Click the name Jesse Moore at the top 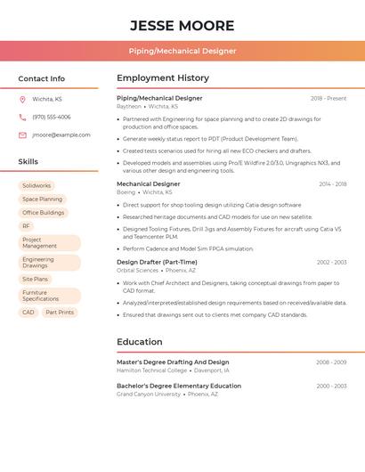182,25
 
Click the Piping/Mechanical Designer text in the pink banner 182,51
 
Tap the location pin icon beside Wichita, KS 22,99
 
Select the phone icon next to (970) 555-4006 22,117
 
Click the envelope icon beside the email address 22,134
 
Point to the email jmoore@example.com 61,134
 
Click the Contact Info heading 41,78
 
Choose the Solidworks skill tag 36,185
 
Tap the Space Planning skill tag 43,199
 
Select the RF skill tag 27,226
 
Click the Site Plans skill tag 36,279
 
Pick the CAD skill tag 28,313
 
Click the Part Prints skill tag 60,313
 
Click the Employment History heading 163,78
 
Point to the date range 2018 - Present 328,98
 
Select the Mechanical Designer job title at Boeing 148,183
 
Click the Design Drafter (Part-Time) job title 157,262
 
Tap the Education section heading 140,342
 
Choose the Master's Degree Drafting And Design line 173,362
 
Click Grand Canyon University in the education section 149,394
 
